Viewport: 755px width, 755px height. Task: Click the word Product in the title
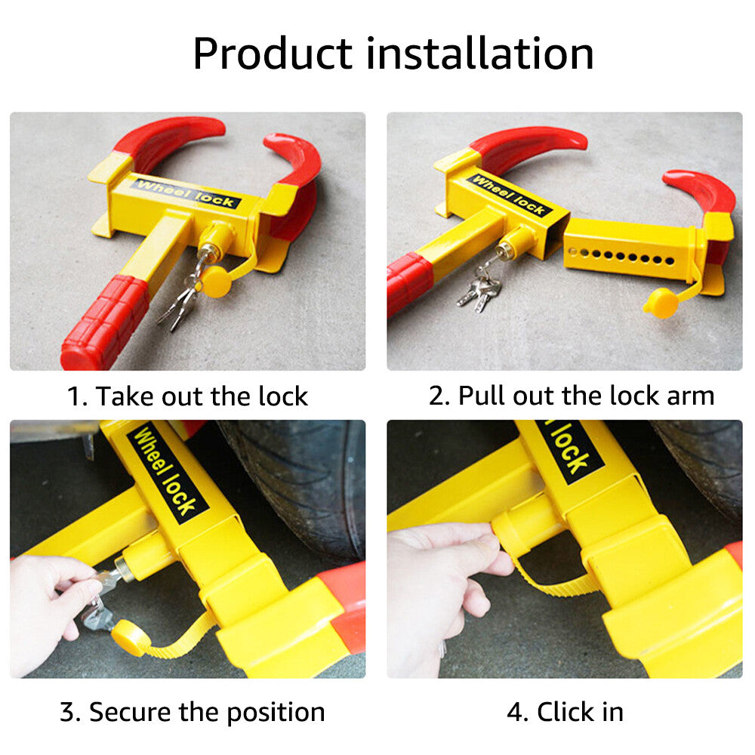[x=273, y=54]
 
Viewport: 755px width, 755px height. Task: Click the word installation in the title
[x=480, y=54]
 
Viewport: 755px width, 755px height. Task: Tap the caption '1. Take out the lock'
[x=187, y=396]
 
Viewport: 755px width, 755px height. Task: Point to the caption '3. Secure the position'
[x=192, y=712]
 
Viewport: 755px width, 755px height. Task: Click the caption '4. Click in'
[x=565, y=712]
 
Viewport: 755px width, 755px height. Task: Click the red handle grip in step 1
[x=104, y=322]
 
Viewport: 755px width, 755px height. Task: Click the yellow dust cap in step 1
[x=215, y=282]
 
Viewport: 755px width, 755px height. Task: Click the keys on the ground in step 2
[x=479, y=291]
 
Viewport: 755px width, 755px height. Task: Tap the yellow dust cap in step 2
[x=661, y=304]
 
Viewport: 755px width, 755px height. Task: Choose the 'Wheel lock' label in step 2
[x=509, y=195]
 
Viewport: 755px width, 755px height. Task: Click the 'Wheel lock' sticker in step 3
[x=167, y=471]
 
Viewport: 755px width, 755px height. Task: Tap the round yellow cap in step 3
[x=127, y=638]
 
